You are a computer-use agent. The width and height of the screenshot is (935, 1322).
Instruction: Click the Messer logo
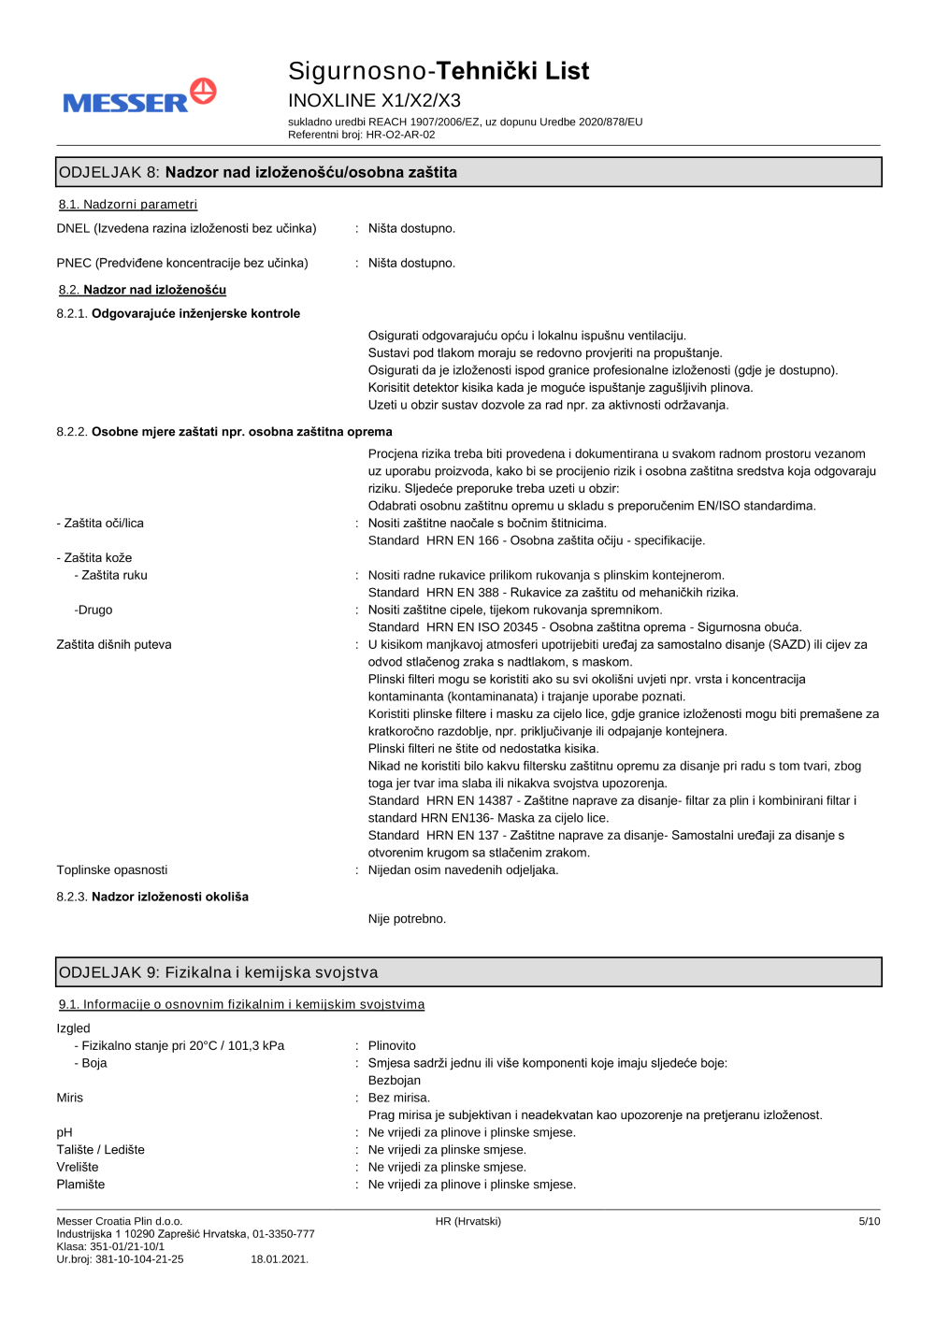pyautogui.click(x=139, y=97)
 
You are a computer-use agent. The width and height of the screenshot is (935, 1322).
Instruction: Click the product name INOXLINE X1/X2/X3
pyautogui.click(x=374, y=100)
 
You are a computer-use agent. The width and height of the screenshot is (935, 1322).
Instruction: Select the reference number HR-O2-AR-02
pyautogui.click(x=400, y=135)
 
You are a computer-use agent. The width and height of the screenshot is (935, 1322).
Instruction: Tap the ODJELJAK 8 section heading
pyautogui.click(x=258, y=172)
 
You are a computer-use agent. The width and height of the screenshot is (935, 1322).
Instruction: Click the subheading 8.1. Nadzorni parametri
pyautogui.click(x=128, y=205)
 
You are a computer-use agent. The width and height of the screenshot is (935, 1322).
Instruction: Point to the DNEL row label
pyautogui.click(x=186, y=228)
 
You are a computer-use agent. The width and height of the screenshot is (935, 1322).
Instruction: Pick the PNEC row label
pyautogui.click(x=182, y=263)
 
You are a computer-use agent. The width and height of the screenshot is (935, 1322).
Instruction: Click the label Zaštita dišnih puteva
pyautogui.click(x=114, y=644)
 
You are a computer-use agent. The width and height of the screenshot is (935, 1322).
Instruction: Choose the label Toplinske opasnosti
pyautogui.click(x=112, y=869)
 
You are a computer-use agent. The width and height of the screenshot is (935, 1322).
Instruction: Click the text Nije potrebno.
pyautogui.click(x=407, y=919)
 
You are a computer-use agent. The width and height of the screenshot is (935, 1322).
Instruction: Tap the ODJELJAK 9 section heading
pyautogui.click(x=219, y=972)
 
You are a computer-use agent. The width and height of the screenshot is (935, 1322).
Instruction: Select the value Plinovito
pyautogui.click(x=392, y=1045)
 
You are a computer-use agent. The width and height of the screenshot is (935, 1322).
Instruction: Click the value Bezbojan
pyautogui.click(x=394, y=1080)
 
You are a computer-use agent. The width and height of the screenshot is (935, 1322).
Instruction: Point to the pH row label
pyautogui.click(x=65, y=1132)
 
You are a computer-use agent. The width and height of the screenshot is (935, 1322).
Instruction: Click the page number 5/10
pyautogui.click(x=869, y=1221)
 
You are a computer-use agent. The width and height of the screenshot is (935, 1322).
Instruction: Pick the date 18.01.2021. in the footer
pyautogui.click(x=280, y=1259)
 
